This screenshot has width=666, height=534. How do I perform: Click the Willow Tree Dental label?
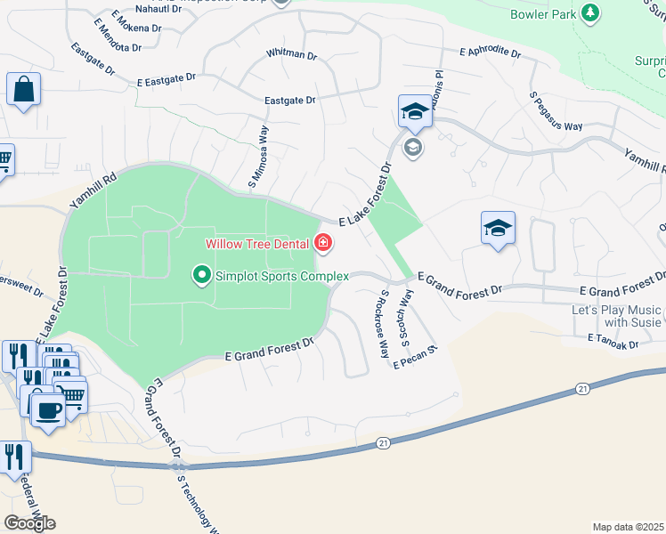256,243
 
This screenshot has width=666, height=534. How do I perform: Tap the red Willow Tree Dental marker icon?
322,243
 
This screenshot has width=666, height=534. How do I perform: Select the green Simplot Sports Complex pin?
202,276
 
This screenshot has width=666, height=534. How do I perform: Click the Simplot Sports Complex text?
281,276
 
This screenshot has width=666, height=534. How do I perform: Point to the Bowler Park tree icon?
589,12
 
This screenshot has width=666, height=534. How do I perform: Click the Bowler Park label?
543,14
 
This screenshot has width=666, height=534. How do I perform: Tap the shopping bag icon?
23,89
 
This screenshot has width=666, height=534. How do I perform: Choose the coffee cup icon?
46,410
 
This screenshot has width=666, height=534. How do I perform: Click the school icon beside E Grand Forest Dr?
498,228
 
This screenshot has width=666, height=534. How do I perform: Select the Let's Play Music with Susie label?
616,316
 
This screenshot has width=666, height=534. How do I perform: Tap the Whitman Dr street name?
291,54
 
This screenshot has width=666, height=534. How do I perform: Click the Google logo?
29,523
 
